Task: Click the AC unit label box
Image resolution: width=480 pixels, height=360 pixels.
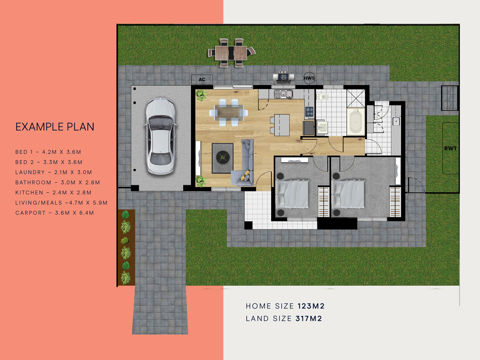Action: [x=202, y=79]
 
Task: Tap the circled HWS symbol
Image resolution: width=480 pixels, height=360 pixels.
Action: [x=309, y=78]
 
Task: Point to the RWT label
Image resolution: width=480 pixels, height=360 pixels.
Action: [x=451, y=148]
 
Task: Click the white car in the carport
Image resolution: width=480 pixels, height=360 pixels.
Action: [x=160, y=136]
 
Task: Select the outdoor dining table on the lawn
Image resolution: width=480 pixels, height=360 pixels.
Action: [x=231, y=53]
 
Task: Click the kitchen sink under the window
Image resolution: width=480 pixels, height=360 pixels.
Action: [x=283, y=94]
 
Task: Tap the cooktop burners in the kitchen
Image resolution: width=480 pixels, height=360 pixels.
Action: [x=309, y=112]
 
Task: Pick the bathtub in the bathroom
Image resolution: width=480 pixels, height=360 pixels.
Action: [x=355, y=122]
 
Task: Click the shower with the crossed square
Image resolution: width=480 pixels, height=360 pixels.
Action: [x=356, y=98]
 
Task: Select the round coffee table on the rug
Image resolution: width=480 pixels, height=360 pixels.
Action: [x=223, y=157]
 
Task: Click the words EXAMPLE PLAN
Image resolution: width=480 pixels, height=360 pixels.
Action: [x=55, y=127]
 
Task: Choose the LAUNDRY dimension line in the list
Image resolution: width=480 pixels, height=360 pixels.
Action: [x=54, y=172]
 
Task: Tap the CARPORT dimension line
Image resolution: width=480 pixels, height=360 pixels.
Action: [x=55, y=213]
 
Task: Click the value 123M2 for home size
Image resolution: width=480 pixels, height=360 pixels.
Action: [x=311, y=306]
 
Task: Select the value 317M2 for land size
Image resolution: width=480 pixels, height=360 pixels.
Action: [x=309, y=319]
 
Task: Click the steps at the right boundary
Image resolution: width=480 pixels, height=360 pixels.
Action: [x=449, y=98]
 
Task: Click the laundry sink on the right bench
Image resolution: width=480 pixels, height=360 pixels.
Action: [x=396, y=121]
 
